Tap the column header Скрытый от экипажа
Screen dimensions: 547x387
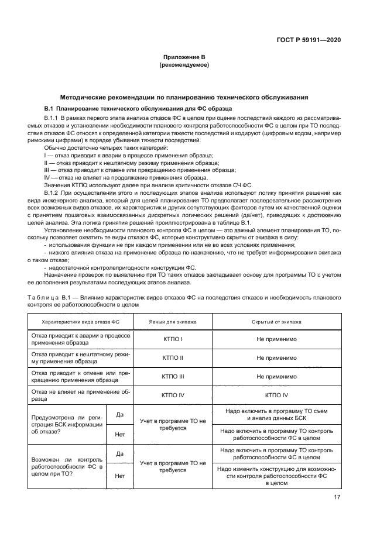[276, 322]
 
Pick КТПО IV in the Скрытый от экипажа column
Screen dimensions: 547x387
[276, 395]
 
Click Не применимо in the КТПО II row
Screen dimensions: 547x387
[276, 357]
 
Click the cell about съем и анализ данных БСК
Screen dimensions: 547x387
[276, 415]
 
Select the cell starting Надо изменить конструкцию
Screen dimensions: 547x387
[276, 476]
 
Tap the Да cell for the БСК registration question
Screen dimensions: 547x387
[120, 414]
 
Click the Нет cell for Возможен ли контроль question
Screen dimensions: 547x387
[120, 476]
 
